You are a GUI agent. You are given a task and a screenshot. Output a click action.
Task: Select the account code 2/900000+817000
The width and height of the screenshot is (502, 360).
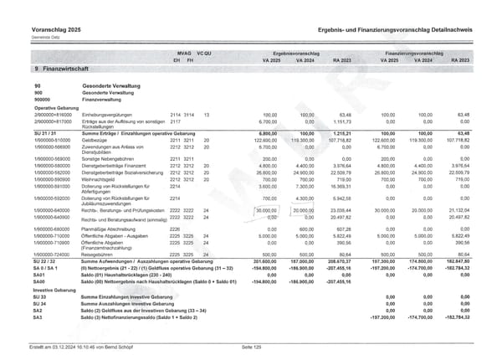(52, 122)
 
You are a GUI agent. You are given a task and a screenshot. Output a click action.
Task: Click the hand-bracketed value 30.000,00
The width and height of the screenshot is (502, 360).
(267, 210)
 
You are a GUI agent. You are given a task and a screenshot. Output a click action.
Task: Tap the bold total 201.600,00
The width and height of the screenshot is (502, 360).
(265, 260)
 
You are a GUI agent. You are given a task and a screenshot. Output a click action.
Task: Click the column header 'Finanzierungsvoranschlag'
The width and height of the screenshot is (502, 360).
(419, 52)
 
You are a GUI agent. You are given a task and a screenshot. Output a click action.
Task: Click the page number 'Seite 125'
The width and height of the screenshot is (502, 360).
(250, 346)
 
